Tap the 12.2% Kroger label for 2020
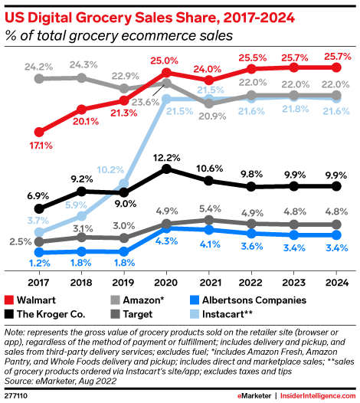coord(166,157)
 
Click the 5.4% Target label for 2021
coord(208,208)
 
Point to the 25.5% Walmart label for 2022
coord(251,57)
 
